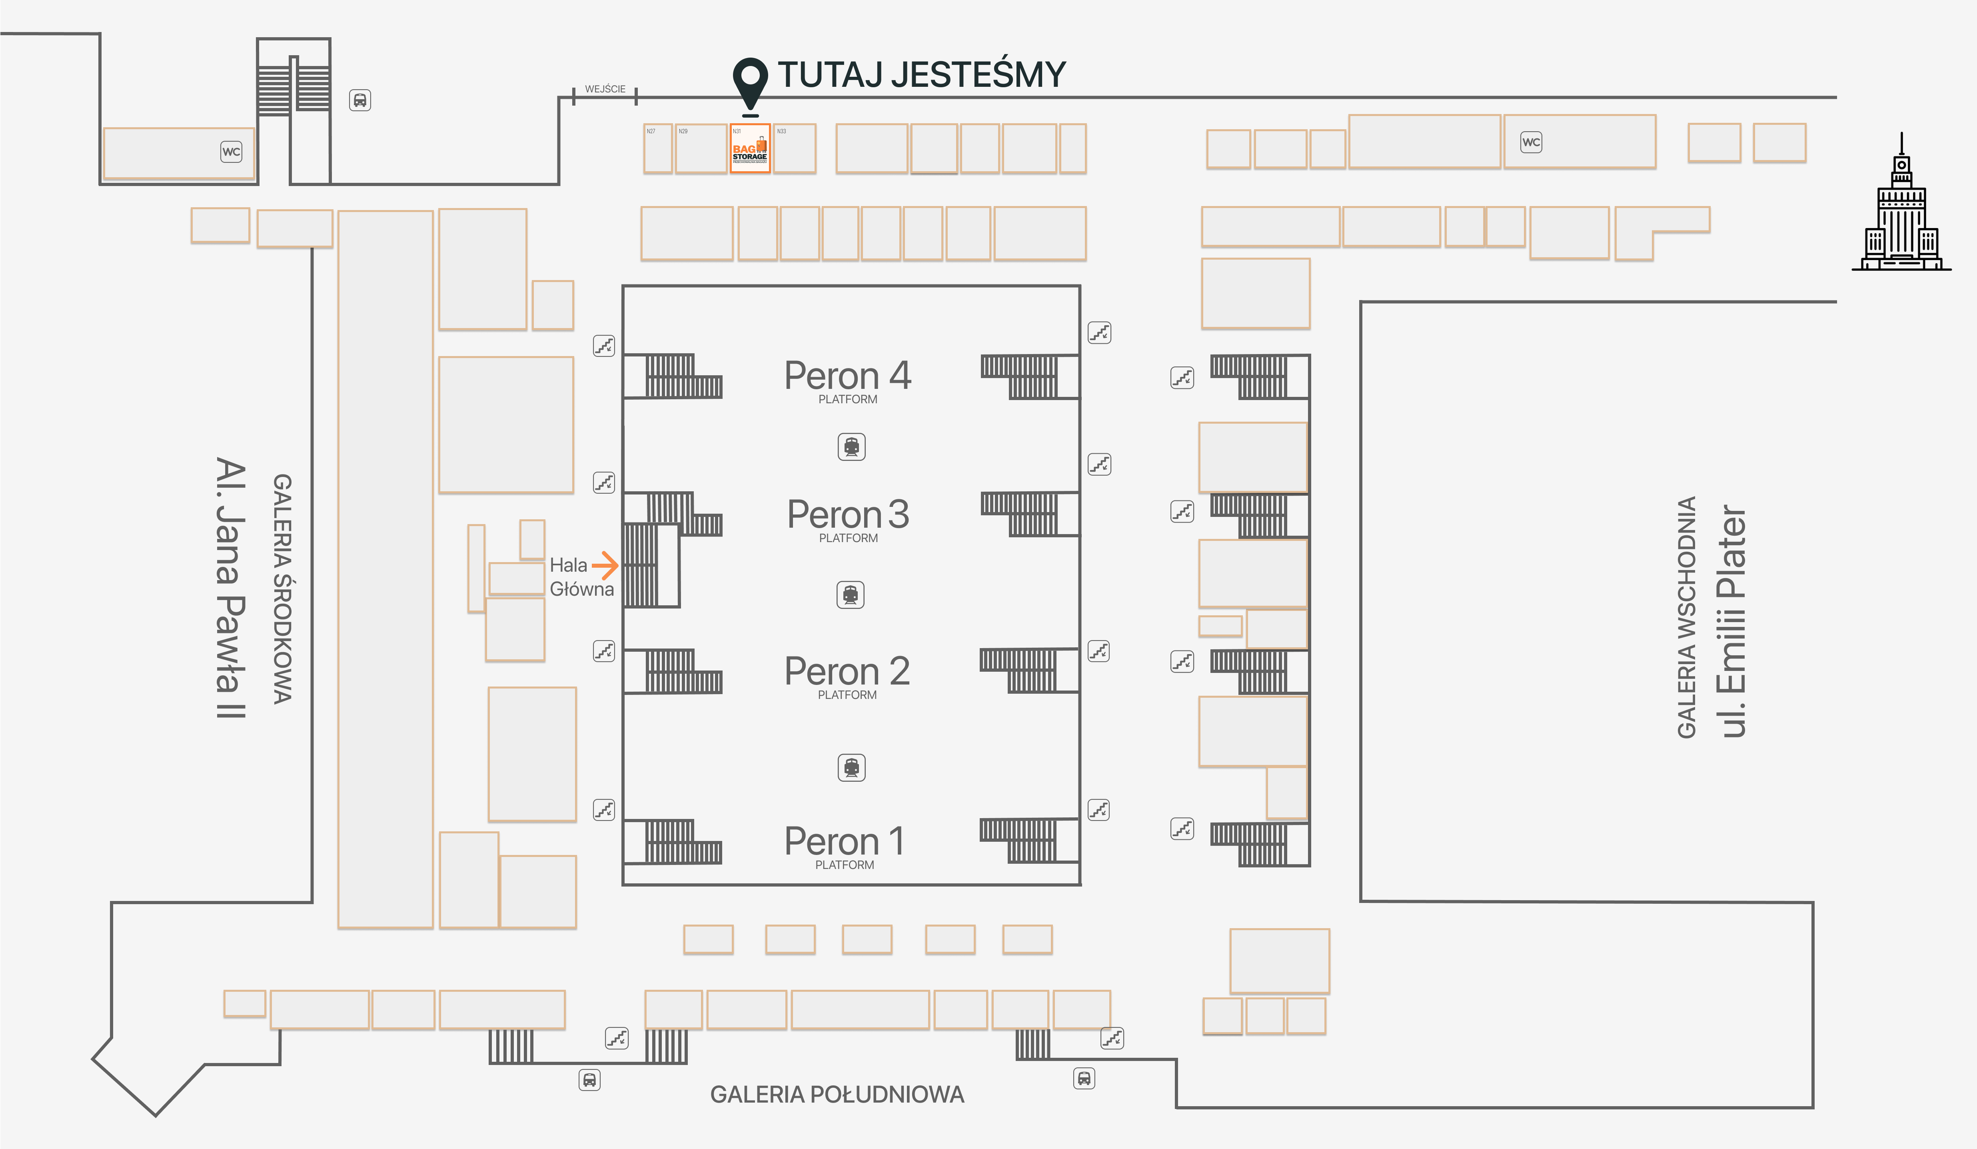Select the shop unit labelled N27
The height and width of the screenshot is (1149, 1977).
click(657, 148)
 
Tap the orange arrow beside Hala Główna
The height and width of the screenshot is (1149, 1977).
click(605, 564)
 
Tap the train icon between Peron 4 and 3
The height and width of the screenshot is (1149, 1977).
click(851, 446)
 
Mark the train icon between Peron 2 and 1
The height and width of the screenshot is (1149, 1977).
click(851, 768)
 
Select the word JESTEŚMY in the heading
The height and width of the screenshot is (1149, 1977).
click(978, 74)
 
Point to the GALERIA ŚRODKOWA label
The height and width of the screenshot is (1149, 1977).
click(282, 589)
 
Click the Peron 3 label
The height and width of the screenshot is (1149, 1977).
click(848, 516)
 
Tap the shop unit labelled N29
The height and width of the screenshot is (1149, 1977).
click(701, 148)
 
